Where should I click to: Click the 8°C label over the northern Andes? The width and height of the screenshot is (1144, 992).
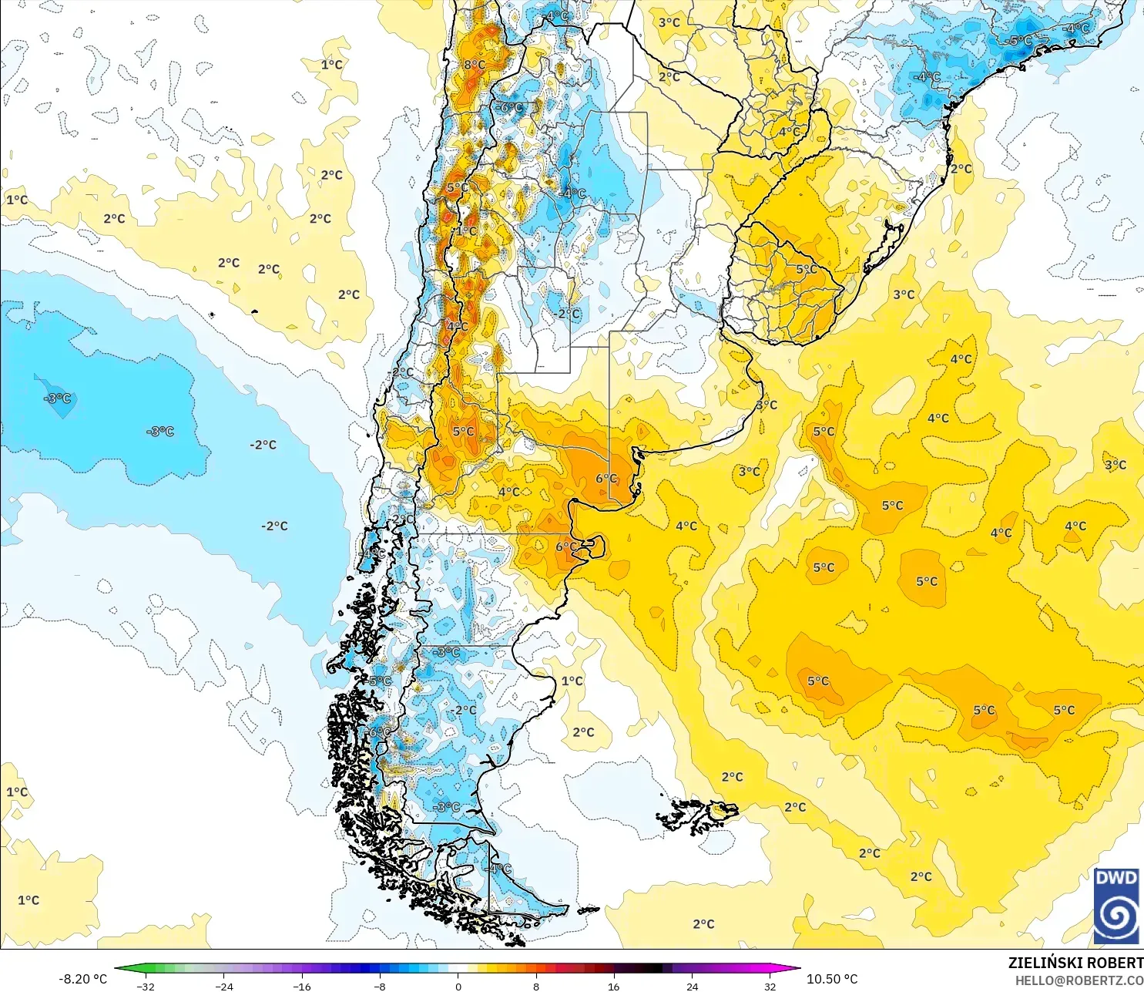(475, 65)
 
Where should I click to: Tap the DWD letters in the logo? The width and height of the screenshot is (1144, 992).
(1116, 879)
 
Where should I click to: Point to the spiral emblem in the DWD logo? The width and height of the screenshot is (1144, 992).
(1116, 916)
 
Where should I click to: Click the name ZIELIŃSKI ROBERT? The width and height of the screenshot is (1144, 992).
(1075, 963)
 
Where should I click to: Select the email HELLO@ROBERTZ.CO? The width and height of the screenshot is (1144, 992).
(1079, 981)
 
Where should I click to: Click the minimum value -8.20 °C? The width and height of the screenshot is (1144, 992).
(82, 979)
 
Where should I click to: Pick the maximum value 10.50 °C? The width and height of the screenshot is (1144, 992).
(832, 979)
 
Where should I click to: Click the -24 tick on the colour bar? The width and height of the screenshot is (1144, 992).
(223, 986)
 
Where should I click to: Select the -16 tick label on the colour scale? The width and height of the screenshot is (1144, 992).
(302, 986)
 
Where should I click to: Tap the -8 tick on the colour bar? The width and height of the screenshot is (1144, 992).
(380, 986)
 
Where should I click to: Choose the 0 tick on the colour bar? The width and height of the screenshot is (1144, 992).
(458, 986)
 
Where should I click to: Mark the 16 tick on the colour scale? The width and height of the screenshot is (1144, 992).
(614, 986)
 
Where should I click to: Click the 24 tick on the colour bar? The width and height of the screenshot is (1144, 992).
(692, 986)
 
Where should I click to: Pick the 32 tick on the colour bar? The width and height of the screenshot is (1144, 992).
(770, 986)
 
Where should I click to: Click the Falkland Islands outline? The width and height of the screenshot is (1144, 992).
(697, 815)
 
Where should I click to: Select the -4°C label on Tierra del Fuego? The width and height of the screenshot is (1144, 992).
(500, 869)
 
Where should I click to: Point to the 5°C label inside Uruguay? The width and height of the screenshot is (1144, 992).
(807, 269)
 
